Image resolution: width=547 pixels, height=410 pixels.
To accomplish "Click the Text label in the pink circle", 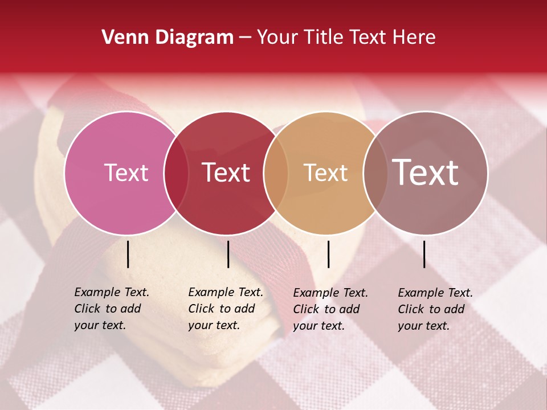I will (126, 173).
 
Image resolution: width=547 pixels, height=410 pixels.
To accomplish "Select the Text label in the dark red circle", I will (226, 173).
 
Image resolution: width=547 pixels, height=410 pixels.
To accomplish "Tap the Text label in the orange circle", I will (325, 173).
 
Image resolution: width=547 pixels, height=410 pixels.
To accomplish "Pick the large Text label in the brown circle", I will (426, 172).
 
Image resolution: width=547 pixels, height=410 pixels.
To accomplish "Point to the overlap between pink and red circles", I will (176, 173).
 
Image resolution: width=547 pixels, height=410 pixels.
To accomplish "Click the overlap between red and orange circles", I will (276, 173).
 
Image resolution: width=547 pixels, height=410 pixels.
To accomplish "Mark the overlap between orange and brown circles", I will (375, 173).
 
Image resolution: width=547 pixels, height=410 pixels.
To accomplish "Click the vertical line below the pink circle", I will (128, 254).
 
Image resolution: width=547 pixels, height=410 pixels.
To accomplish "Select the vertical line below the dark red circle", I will (228, 254).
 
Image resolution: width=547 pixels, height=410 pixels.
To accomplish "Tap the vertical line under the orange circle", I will (329, 254).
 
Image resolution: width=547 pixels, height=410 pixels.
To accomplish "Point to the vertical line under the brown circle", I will (424, 254).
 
